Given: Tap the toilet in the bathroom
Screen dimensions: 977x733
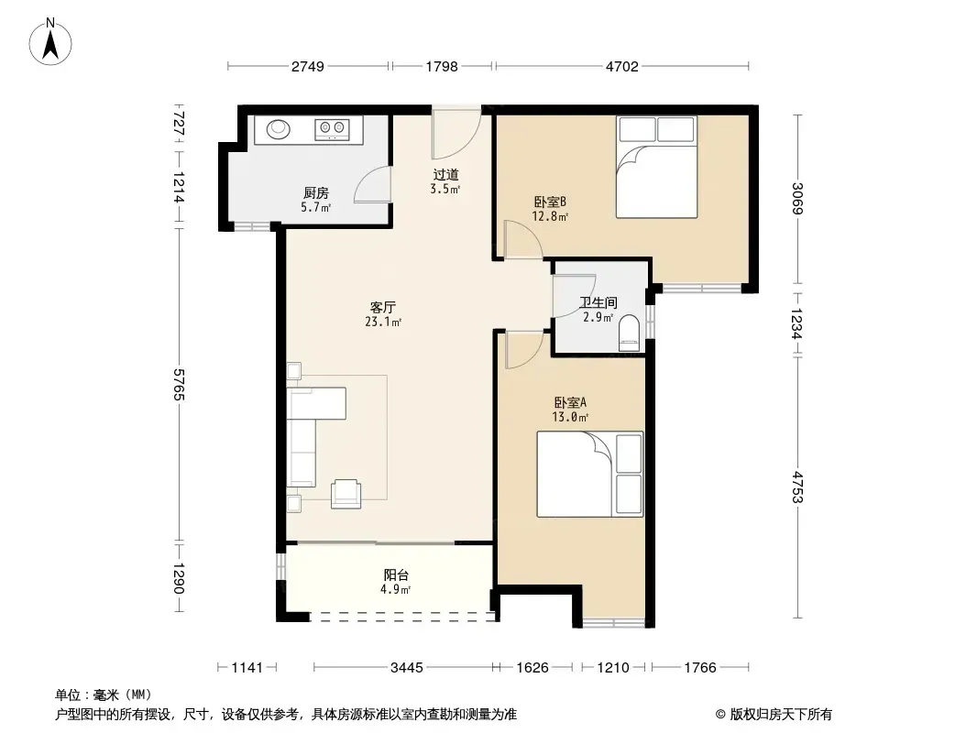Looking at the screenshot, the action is tap(630, 332).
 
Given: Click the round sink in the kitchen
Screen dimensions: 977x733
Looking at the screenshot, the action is tap(279, 129).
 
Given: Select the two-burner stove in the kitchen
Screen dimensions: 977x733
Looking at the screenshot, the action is tap(332, 129).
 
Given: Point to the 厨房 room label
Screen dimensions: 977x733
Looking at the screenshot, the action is tap(316, 193).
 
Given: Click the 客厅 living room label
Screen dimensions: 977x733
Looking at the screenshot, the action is tap(382, 308).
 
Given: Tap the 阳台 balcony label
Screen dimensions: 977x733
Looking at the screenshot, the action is tap(396, 574).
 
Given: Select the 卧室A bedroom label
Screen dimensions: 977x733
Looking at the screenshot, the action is tap(570, 403).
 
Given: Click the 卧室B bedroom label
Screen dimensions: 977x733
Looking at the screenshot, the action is tap(550, 202).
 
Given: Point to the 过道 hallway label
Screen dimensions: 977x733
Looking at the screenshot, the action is tap(445, 175).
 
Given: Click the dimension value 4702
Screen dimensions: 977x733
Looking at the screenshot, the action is tap(621, 67).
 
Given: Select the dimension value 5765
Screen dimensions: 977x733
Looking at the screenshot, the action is tap(179, 384).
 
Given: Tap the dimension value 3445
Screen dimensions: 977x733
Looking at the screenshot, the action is tap(406, 668).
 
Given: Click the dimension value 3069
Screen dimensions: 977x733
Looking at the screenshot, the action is tap(797, 198).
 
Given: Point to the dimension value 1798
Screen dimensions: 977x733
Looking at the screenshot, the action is tap(442, 67).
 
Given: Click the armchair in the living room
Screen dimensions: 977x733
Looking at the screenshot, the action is tap(346, 493).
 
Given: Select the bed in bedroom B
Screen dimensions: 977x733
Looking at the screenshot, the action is tap(657, 167).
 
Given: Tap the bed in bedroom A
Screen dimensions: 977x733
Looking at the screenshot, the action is tap(590, 474).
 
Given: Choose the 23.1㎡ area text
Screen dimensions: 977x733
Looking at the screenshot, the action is tap(382, 322).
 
